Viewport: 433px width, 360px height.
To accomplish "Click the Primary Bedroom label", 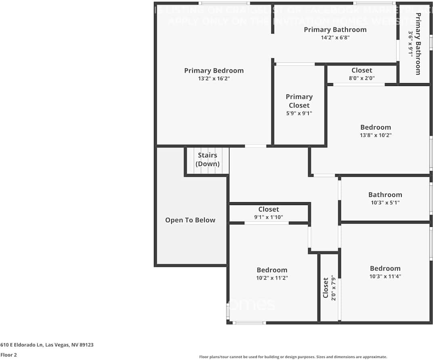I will (214, 71).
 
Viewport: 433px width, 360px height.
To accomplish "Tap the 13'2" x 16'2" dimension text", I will (214, 79).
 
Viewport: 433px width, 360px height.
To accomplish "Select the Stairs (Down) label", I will (208, 159).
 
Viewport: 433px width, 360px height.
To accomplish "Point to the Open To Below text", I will (190, 220).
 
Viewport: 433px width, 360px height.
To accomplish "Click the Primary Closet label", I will (299, 101).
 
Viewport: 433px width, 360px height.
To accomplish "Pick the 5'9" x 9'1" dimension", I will (299, 113).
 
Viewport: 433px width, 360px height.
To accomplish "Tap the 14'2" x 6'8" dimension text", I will (335, 38).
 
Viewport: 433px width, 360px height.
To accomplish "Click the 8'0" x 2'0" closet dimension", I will (362, 78).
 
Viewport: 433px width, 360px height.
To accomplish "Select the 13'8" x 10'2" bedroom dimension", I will (376, 135).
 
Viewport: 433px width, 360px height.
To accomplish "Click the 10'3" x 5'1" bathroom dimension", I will (385, 203).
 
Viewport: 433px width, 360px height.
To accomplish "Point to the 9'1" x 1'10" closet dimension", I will (269, 217).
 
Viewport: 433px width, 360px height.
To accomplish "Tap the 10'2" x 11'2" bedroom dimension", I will (272, 278).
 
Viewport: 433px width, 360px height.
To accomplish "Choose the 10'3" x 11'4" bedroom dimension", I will (385, 276).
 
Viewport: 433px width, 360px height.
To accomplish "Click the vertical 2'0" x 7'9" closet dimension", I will (333, 287).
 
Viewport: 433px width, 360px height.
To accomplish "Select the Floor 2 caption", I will (8, 355).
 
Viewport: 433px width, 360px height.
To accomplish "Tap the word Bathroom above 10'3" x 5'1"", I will (385, 195).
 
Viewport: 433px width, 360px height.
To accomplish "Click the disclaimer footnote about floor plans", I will (293, 357).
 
